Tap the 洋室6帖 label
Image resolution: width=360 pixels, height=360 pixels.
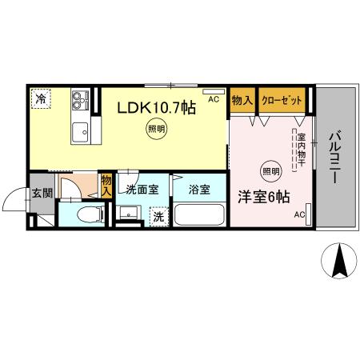(x=262, y=195)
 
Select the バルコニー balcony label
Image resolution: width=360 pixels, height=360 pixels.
(x=336, y=155)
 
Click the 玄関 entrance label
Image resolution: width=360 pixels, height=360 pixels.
(x=42, y=193)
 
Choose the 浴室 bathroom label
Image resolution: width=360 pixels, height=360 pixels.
(x=199, y=190)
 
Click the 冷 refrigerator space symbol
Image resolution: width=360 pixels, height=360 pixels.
(x=40, y=98)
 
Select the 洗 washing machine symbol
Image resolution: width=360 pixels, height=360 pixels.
(x=158, y=215)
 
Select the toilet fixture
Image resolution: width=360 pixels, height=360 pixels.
(x=90, y=214)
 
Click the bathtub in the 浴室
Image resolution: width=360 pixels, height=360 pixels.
(x=200, y=215)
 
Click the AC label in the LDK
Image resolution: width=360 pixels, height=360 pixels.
(x=213, y=100)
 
